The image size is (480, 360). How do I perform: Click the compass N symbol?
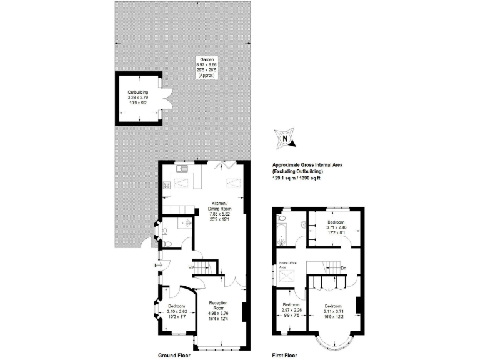pyautogui.click(x=285, y=139)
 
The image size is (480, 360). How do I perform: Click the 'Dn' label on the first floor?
pyautogui.click(x=344, y=269)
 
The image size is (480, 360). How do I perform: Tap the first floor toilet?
pyautogui.click(x=282, y=219)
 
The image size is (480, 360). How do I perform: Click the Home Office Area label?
pyautogui.click(x=286, y=266)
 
